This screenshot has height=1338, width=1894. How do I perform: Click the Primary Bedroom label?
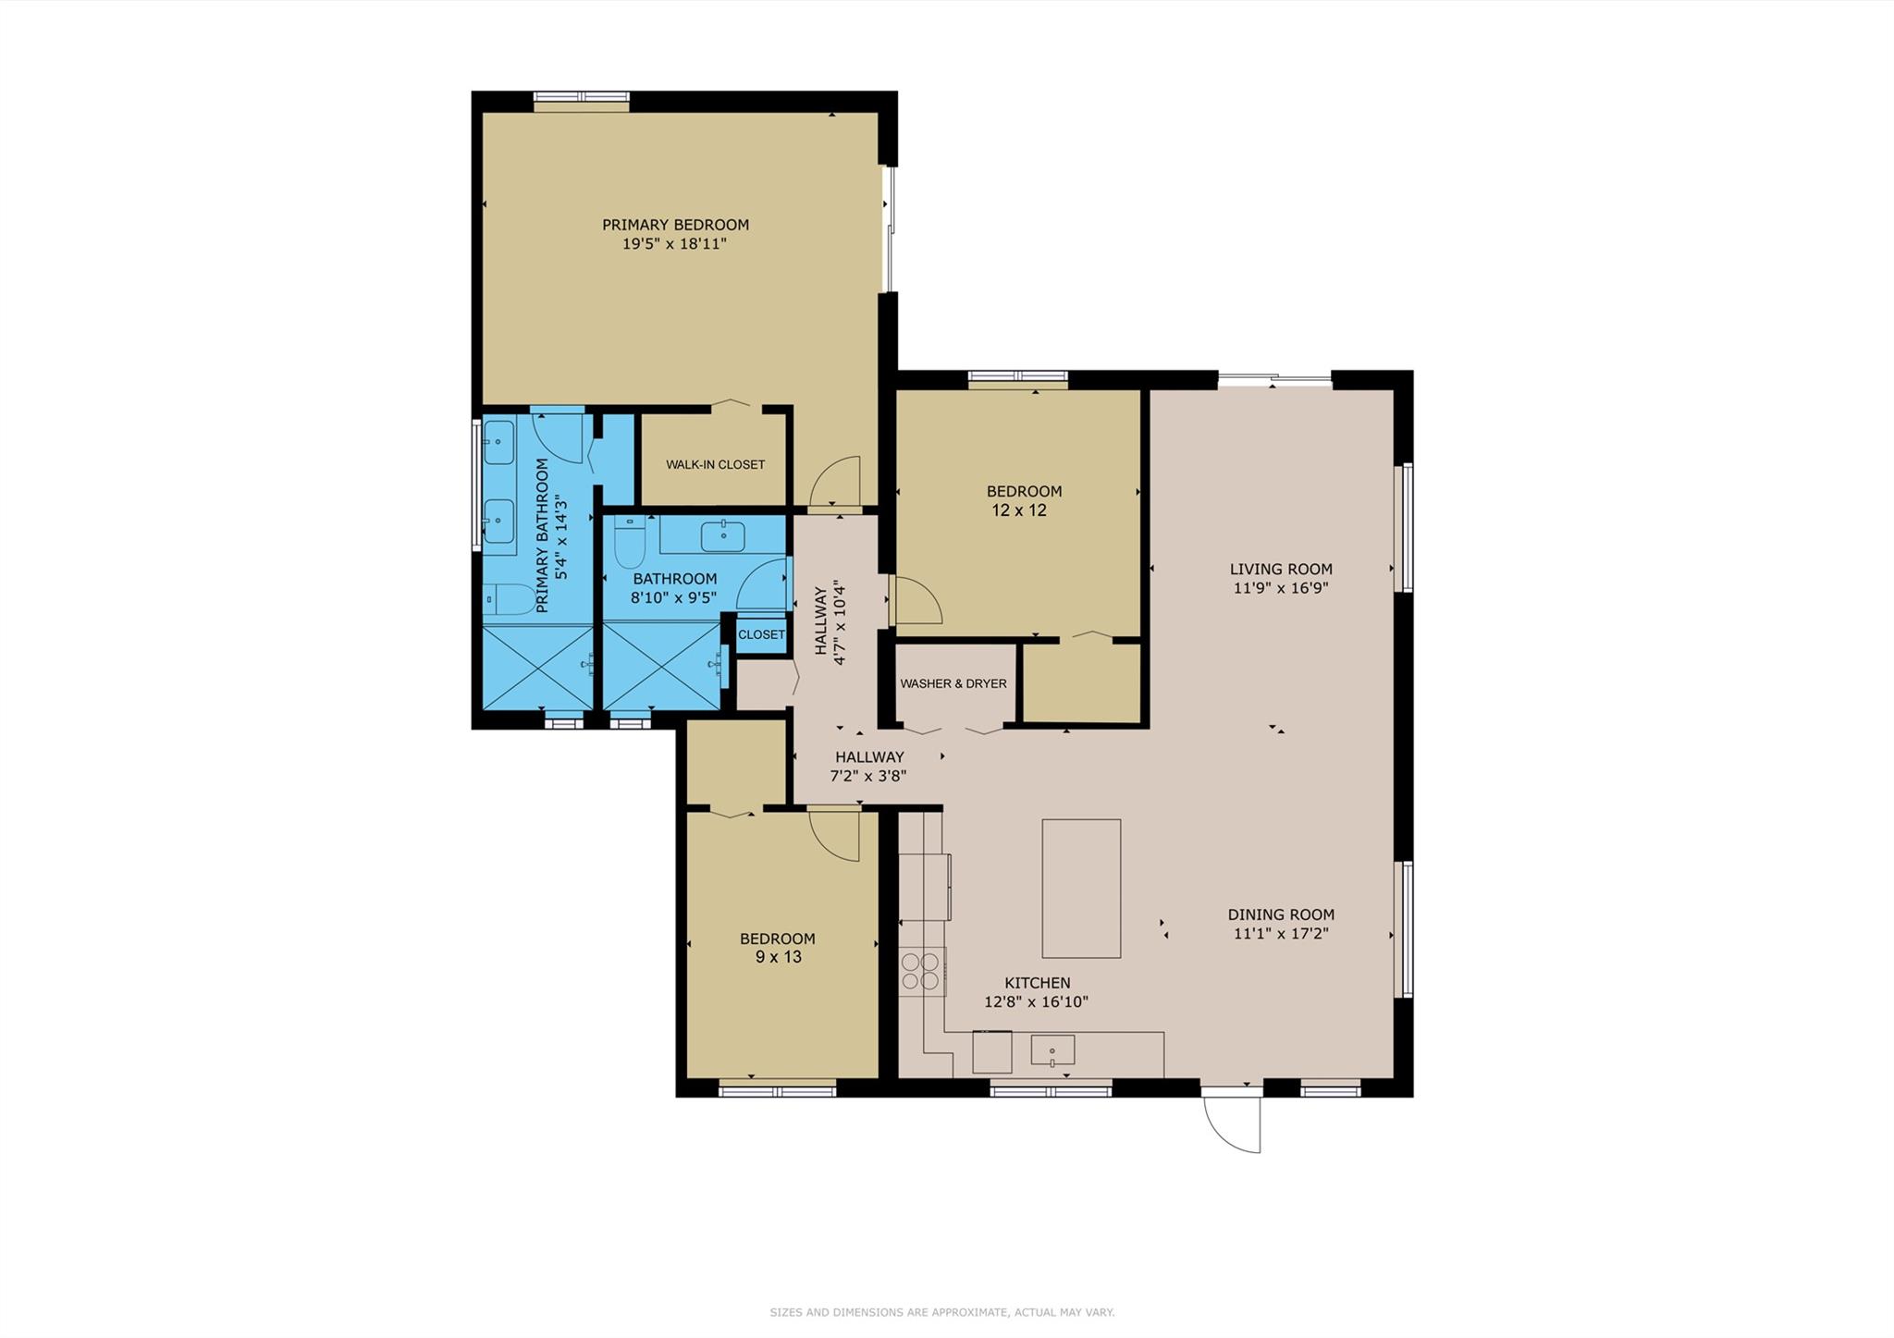(x=675, y=225)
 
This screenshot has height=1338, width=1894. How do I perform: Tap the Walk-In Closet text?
(x=715, y=464)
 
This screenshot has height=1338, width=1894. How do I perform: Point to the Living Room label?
(x=1281, y=569)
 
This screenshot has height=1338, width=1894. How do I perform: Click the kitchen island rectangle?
(x=1081, y=889)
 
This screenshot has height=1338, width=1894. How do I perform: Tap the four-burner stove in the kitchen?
(x=920, y=971)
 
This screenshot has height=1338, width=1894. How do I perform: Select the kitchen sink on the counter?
(x=1052, y=1050)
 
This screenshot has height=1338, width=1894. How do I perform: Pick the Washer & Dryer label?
(x=953, y=683)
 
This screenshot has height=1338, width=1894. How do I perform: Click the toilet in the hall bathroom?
(x=629, y=543)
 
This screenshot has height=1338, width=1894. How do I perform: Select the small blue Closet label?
(x=761, y=634)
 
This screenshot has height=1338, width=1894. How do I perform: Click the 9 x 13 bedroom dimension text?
(x=778, y=957)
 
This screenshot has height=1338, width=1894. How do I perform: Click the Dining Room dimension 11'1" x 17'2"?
(x=1281, y=934)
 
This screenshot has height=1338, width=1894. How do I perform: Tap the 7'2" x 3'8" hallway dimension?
(x=867, y=776)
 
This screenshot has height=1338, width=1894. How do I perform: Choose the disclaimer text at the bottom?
(x=941, y=1312)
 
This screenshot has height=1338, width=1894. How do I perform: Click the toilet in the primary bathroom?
(x=504, y=599)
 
